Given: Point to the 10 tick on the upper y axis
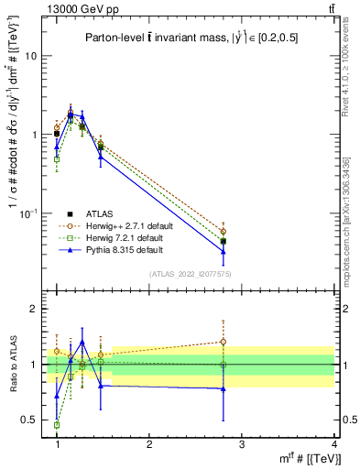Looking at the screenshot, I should (x=30, y=56).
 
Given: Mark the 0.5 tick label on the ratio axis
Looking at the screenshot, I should (x=28, y=420).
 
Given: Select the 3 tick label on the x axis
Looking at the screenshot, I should (x=241, y=444).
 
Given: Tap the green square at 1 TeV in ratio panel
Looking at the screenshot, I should (x=57, y=425).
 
